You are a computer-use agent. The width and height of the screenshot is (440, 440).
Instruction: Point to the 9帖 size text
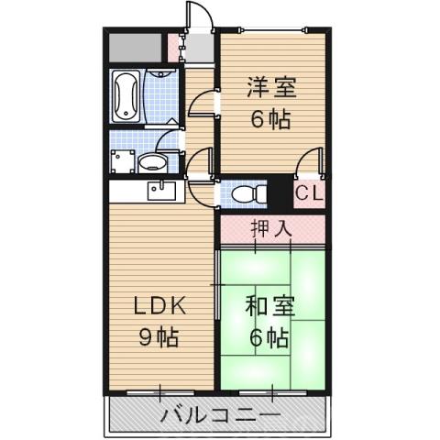point(158,335)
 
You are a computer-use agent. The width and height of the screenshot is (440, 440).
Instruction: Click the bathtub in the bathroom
point(126,93)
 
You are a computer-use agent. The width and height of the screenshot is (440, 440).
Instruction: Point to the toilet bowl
point(243,195)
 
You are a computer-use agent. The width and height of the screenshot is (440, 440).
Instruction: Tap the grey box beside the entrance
point(134,44)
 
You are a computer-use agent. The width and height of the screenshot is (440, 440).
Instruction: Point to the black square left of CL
point(280,195)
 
